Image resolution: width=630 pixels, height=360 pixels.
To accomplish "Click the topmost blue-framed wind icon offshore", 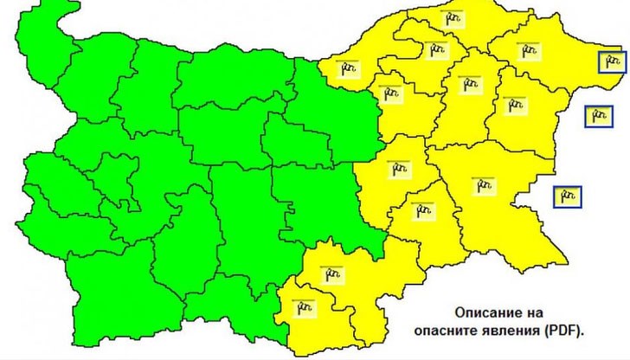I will click(613, 61).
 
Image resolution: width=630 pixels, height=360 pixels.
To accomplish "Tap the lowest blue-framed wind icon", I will click(567, 197).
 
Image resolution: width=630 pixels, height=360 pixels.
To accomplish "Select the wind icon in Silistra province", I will click(452, 17).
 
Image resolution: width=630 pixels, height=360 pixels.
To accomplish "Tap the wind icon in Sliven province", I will click(400, 169).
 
